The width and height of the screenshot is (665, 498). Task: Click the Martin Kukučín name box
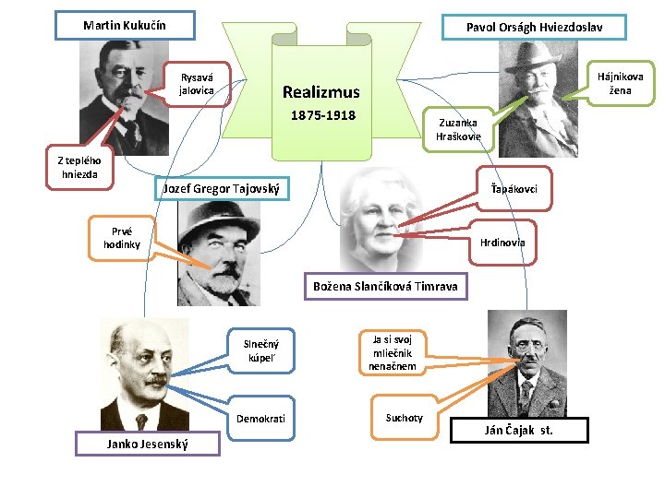tap(125, 25)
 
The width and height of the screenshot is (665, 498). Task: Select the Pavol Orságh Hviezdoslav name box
tap(534, 28)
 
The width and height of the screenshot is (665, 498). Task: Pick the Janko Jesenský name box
tap(148, 445)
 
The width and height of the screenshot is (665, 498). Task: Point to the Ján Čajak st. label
tap(519, 430)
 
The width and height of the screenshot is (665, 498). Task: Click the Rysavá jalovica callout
tap(197, 85)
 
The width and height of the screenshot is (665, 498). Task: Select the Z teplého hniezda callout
tap(84, 168)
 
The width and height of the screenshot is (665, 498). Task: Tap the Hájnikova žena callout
tap(620, 83)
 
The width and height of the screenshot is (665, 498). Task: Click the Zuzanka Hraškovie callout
tap(458, 129)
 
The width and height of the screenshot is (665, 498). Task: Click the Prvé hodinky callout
tap(122, 238)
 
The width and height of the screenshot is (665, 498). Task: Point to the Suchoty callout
tap(405, 418)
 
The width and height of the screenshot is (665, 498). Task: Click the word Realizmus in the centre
tap(321, 92)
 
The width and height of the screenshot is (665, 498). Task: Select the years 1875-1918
tap(323, 116)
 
